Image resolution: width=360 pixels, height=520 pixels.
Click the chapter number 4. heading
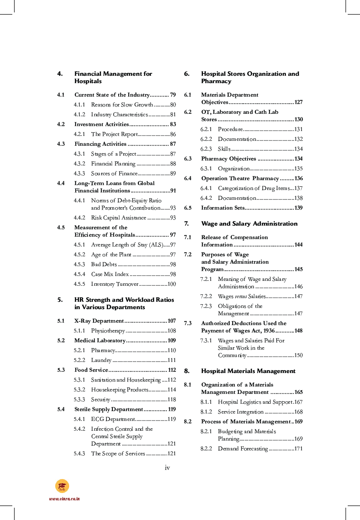click(x=60, y=74)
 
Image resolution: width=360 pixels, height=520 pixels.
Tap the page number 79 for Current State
click(x=173, y=95)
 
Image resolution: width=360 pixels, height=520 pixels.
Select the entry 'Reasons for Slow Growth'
click(x=122, y=104)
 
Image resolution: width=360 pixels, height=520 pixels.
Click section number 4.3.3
click(x=79, y=173)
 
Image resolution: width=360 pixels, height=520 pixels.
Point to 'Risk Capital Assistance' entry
click(x=118, y=217)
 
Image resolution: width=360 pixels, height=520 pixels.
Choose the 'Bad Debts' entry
click(x=104, y=264)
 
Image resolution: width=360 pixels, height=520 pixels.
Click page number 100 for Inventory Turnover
click(x=171, y=284)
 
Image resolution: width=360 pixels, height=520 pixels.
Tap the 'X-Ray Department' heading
click(x=99, y=321)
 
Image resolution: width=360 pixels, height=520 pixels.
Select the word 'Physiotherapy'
click(x=108, y=330)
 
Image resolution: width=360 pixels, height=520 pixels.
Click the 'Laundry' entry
click(x=101, y=360)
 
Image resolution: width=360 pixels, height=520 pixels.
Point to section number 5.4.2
click(x=79, y=429)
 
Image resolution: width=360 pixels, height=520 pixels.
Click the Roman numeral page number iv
click(x=167, y=468)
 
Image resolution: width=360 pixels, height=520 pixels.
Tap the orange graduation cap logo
click(x=62, y=486)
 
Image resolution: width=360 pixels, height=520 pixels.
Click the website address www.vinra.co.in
click(x=64, y=499)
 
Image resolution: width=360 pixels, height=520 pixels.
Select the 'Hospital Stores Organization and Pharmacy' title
click(x=250, y=77)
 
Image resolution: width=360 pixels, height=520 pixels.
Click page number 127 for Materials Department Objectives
click(x=298, y=102)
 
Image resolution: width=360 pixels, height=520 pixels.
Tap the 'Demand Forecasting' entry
click(x=243, y=448)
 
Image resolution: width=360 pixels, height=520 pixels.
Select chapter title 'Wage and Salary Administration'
click(x=249, y=224)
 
